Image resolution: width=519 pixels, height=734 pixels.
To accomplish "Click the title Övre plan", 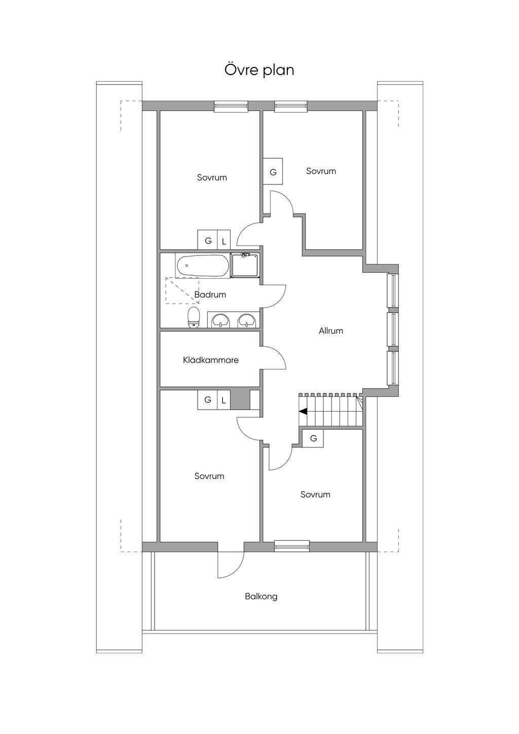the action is [259, 70].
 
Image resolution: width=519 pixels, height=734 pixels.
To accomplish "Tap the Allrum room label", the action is [331, 331].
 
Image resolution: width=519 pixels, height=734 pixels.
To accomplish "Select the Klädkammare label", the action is [211, 360].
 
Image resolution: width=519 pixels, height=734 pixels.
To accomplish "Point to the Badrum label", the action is [210, 295].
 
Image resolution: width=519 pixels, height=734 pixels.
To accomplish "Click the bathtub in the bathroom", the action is [203, 266].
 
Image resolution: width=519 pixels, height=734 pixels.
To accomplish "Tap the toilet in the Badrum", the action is [194, 317].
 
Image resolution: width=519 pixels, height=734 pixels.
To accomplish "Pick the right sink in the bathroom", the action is [246, 320].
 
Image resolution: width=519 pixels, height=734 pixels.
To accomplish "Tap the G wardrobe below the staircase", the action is [313, 438].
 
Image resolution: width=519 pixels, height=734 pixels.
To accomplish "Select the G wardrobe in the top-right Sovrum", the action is [273, 172].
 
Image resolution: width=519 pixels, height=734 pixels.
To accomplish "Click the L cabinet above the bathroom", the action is [224, 241].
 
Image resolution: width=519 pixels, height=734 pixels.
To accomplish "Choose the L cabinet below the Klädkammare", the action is [224, 400].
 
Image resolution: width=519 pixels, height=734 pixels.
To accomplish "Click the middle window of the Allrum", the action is [392, 329].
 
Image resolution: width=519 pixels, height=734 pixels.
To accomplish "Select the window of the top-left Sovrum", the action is [231, 106].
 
